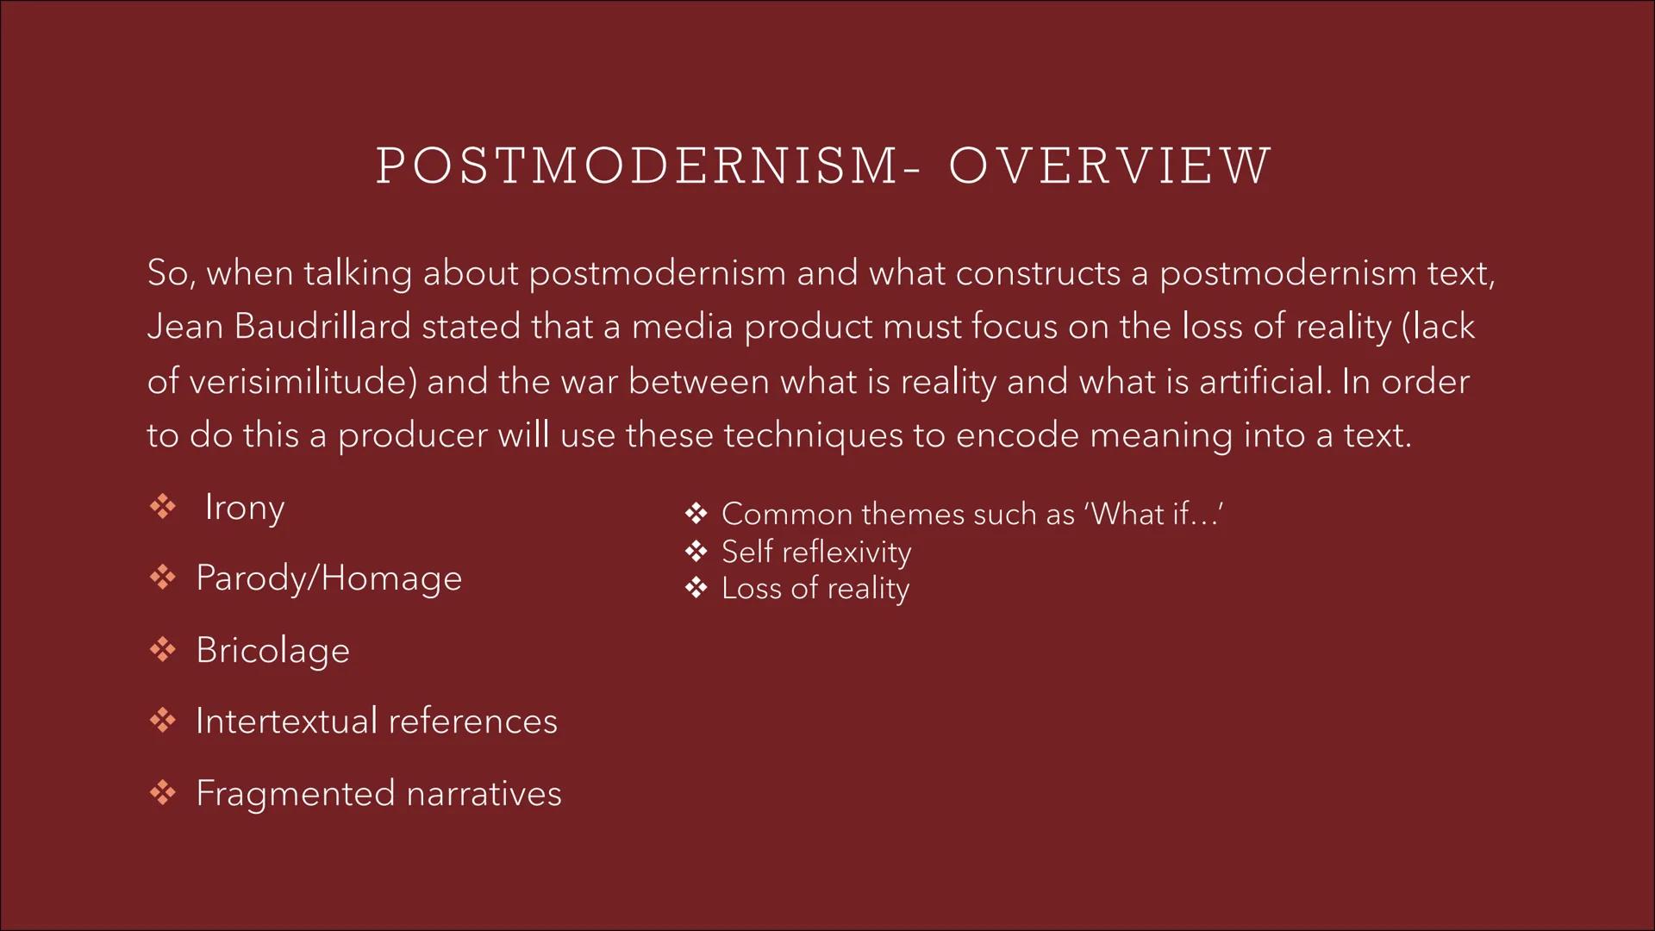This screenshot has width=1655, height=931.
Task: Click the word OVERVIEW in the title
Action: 1109,166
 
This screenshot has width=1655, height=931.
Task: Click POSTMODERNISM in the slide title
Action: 638,166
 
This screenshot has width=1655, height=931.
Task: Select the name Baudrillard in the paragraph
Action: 322,327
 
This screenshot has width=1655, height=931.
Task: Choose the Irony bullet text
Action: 244,508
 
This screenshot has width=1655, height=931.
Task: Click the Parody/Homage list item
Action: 328,578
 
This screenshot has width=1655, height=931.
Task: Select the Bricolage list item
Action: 272,650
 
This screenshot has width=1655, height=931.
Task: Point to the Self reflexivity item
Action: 815,552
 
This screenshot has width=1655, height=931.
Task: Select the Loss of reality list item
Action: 815,589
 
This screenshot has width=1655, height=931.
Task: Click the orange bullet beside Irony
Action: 162,507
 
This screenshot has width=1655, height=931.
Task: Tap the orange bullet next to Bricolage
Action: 162,649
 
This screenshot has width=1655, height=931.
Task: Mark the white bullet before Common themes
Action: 696,515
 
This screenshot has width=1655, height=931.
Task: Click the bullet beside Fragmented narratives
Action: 162,792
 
